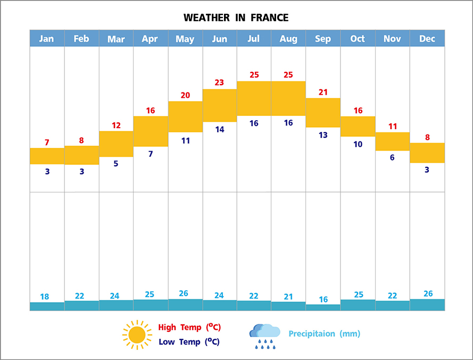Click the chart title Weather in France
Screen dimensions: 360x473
pos(236,18)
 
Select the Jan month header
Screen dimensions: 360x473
pos(47,38)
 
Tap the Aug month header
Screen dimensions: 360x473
pos(288,38)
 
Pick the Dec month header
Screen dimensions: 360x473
pos(427,38)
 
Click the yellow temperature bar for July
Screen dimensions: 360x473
pos(254,98)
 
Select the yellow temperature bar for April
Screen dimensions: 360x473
pos(151,131)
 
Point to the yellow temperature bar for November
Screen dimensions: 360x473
pos(393,141)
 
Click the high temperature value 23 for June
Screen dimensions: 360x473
pos(219,82)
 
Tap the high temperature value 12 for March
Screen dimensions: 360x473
pos(116,125)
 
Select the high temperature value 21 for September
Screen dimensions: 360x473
pos(323,92)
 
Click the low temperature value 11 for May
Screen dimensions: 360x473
pos(185,141)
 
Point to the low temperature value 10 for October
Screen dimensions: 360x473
pos(358,144)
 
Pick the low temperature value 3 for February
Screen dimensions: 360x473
pos(81,171)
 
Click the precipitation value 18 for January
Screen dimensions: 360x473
pos(45,297)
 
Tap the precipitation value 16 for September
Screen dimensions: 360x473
pos(323,299)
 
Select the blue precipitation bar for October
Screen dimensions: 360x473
pos(358,305)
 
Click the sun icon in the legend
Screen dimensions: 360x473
pos(137,334)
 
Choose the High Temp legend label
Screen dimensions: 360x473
pos(189,327)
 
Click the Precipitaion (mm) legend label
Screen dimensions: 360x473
pos(324,334)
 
